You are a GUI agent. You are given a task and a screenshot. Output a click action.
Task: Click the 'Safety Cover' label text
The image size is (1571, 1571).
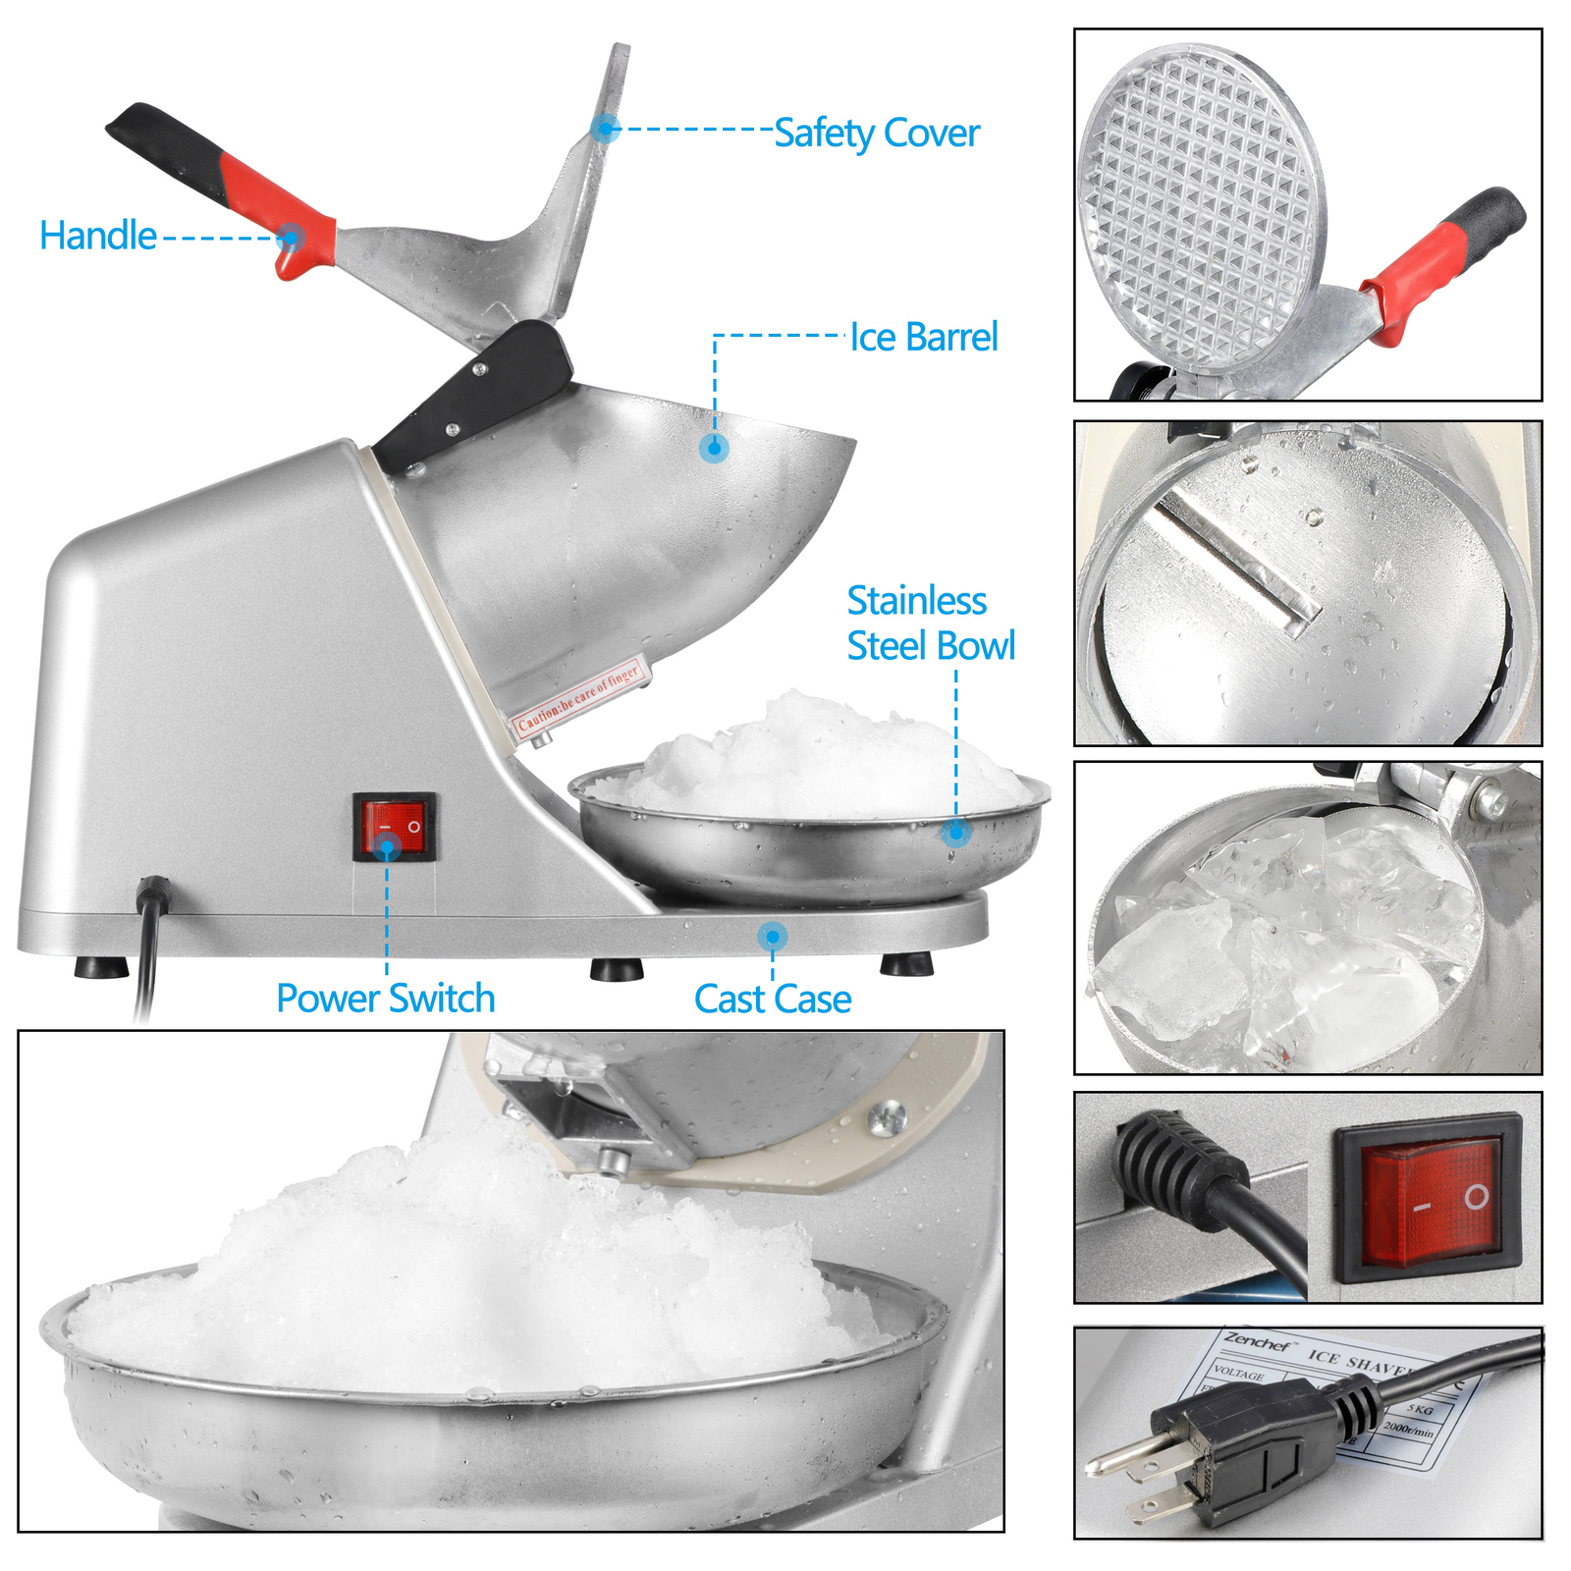[x=876, y=134]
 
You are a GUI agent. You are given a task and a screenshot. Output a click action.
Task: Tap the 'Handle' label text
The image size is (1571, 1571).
[x=98, y=236]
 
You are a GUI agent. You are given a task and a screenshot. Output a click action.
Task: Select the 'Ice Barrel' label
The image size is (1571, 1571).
[x=923, y=337]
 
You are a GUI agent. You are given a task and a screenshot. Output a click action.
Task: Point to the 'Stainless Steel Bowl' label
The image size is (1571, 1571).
[x=930, y=623]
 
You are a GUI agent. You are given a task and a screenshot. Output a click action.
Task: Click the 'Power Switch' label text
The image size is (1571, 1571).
[x=385, y=999]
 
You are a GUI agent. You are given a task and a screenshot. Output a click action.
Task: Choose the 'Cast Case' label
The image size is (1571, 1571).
[x=772, y=1000]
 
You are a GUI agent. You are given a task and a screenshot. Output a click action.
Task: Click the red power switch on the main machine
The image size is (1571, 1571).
[x=395, y=827]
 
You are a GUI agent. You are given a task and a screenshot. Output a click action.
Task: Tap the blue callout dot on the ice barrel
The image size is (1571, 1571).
[x=715, y=448]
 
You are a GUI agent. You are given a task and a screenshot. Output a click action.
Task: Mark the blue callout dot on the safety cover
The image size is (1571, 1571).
[x=606, y=128]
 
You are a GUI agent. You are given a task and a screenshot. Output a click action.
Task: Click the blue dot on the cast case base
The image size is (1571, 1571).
[x=773, y=935]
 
